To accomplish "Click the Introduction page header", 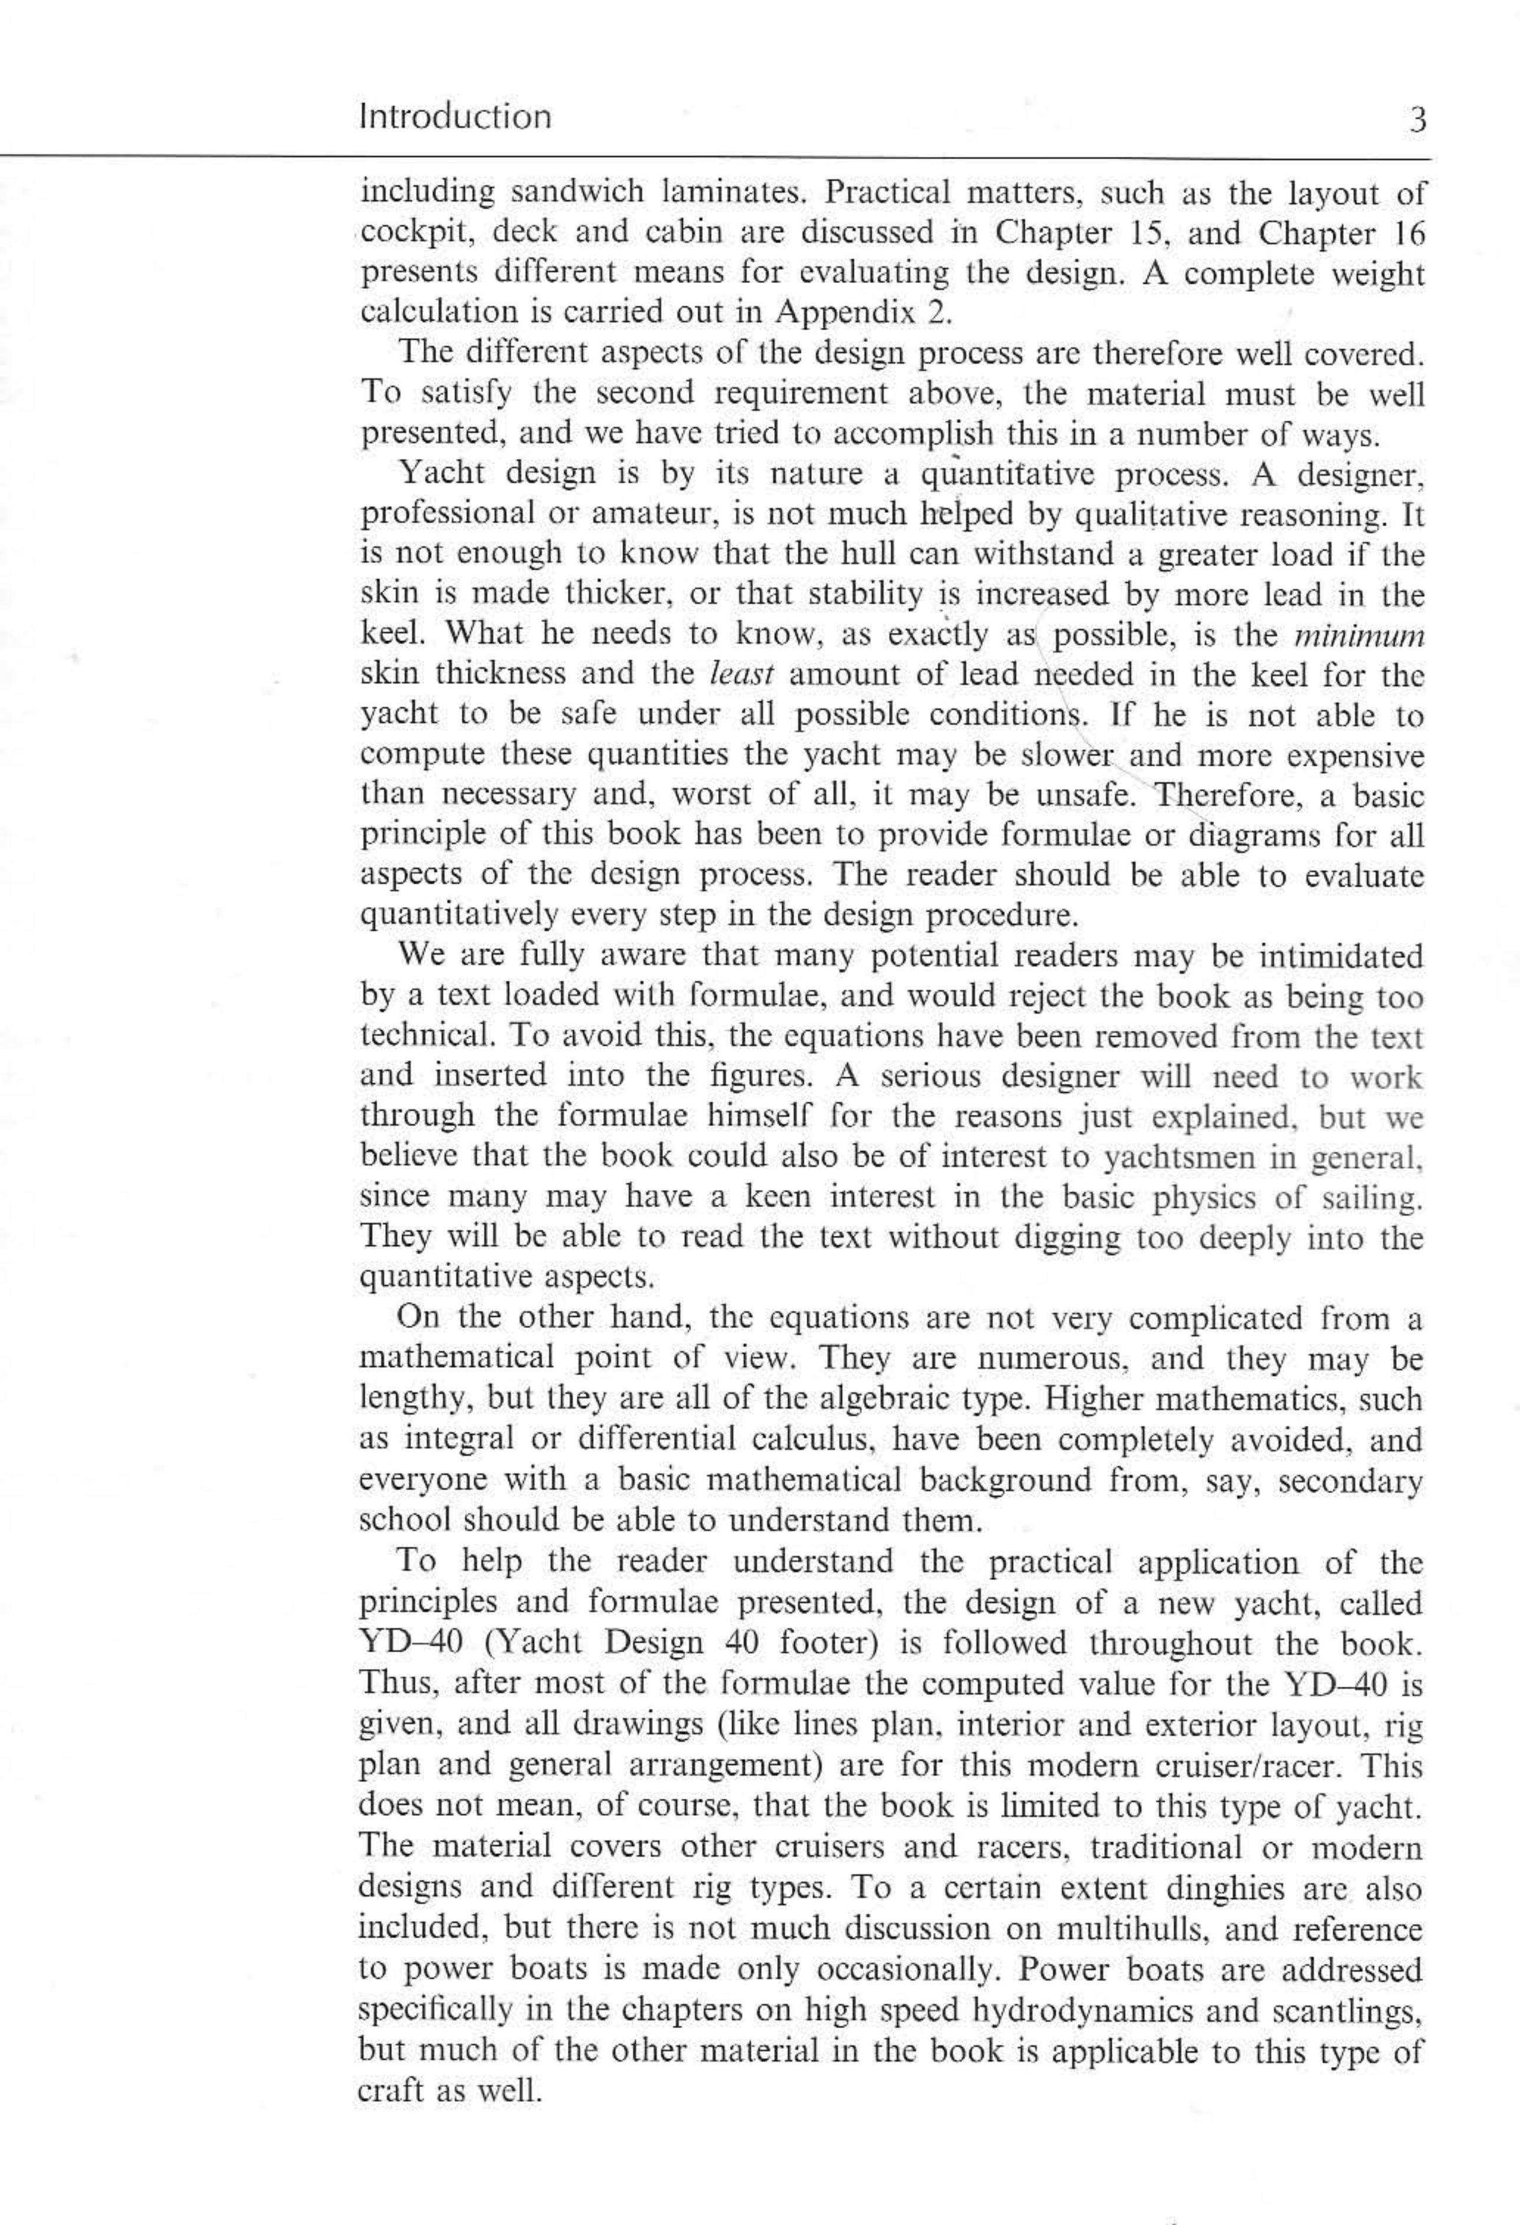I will click(455, 117).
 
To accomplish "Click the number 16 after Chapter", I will click(1403, 233).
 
